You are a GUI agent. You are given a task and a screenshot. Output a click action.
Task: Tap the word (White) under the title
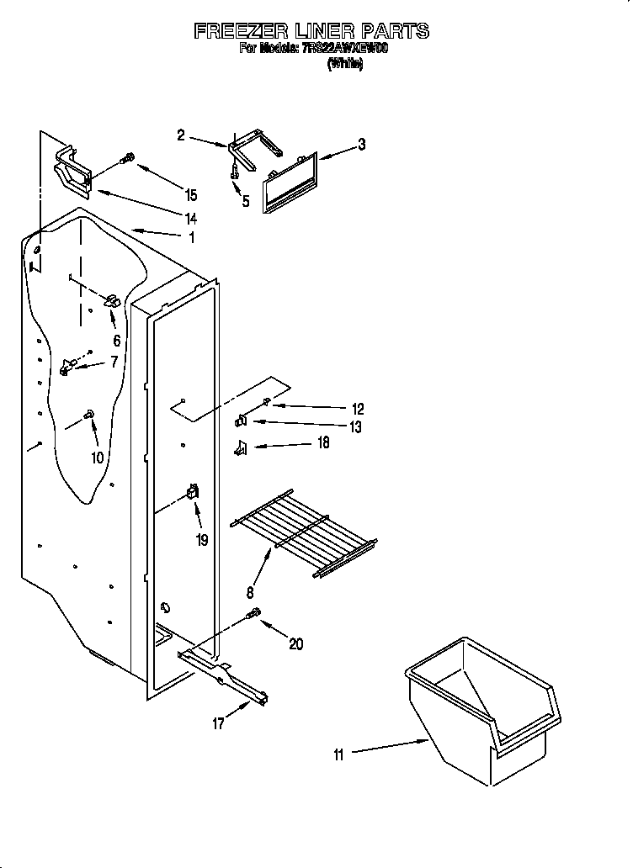point(344,64)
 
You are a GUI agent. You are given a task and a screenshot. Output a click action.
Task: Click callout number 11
point(338,754)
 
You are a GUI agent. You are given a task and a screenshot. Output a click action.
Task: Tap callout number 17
point(218,722)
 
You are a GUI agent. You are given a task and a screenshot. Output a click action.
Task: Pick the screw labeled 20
point(253,617)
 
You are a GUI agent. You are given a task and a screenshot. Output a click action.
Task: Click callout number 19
point(202,540)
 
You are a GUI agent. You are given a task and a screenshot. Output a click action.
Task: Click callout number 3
point(361,144)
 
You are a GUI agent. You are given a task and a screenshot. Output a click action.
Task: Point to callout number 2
point(181,135)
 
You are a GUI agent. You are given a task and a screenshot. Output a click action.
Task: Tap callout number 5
point(246,201)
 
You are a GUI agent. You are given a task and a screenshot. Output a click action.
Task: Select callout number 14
point(190,218)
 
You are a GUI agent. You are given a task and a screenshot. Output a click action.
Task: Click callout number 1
point(191,237)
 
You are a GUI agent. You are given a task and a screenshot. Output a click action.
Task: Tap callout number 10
point(97,458)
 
